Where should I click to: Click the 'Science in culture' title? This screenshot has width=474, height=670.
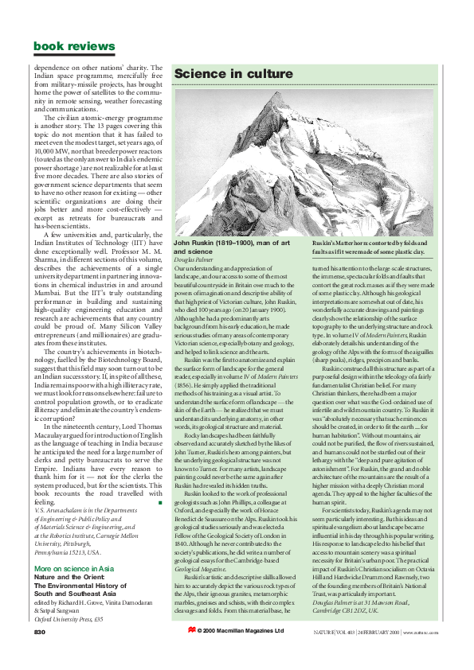[x=224, y=74]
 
